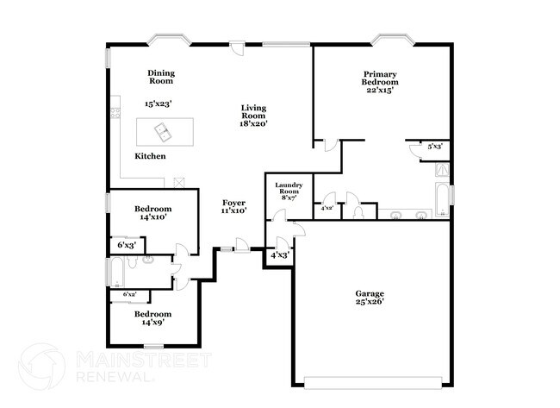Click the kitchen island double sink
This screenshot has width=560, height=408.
[x=163, y=132]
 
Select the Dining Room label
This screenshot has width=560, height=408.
[x=160, y=78]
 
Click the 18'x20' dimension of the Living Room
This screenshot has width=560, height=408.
[x=253, y=123]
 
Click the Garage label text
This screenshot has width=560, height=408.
[x=370, y=298]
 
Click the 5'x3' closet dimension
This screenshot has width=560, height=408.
[x=434, y=147]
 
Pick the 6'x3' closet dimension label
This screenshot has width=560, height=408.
[x=126, y=245]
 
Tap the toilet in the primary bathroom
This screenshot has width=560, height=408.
[x=358, y=211]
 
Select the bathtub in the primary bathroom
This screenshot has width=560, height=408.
[x=442, y=199]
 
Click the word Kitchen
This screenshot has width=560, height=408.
[x=150, y=156]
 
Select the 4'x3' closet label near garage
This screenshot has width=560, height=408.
[x=280, y=255]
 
